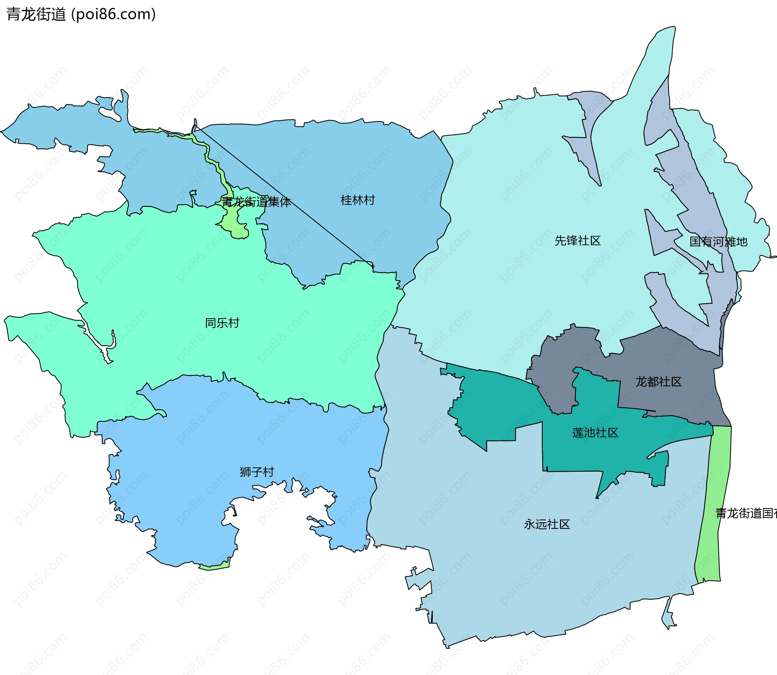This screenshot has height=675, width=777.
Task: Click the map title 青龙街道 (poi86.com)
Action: pos(81,14)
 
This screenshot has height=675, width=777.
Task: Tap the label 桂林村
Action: pos(357,200)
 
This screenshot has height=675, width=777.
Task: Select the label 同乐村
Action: pos(222,323)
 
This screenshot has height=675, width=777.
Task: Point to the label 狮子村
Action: pos(257,472)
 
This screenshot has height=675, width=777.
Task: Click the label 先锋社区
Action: pos(577,241)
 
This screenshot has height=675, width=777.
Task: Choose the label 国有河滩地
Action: pos(718,242)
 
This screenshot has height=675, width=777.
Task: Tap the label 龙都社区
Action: pos(658,381)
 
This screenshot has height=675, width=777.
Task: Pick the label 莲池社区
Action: pos(595,432)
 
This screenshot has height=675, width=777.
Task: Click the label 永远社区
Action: pos(546,524)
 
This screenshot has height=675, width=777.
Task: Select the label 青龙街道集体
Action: pos(256,202)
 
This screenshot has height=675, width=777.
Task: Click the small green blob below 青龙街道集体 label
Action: pos(237,229)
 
